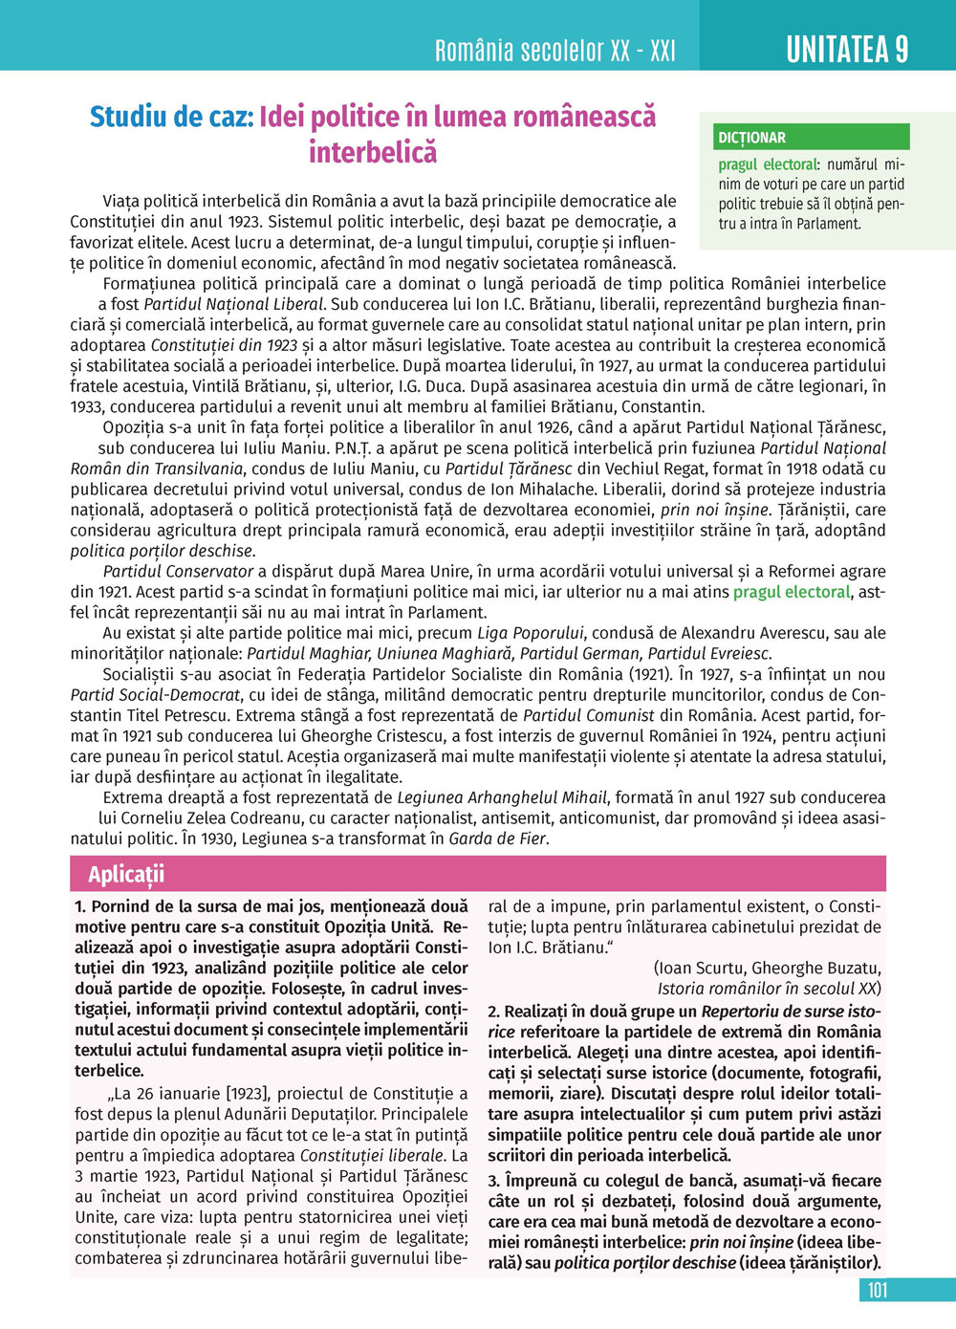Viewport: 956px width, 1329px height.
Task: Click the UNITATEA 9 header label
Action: pyautogui.click(x=847, y=49)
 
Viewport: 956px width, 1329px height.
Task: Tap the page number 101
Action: pyautogui.click(x=877, y=1290)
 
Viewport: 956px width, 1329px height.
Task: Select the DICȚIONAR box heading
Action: pyautogui.click(x=752, y=138)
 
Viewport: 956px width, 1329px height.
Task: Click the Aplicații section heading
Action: pyautogui.click(x=126, y=874)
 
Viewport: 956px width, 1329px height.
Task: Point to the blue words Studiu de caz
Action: pyautogui.click(x=171, y=117)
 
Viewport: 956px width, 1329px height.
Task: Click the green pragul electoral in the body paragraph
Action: pyautogui.click(x=791, y=592)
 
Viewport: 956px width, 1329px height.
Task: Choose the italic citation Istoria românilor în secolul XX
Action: pyautogui.click(x=769, y=988)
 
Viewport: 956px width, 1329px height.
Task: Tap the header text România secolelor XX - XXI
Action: pyautogui.click(x=554, y=50)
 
